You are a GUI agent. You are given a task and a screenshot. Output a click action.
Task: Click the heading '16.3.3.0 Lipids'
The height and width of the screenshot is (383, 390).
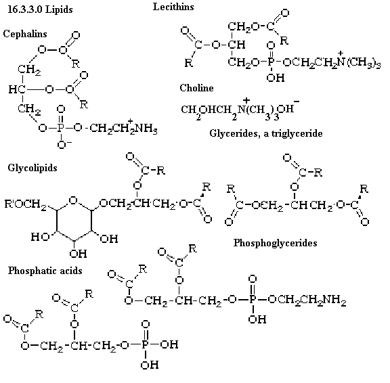coord(41,9)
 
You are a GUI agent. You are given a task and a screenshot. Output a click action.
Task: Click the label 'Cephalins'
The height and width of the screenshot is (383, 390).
coord(25,34)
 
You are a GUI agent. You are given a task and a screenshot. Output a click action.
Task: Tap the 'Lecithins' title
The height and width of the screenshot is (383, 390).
coord(173,7)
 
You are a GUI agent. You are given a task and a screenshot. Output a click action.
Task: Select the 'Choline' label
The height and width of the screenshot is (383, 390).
coord(196,88)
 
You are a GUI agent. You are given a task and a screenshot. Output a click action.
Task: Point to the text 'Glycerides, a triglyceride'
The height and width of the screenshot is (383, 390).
coord(266,133)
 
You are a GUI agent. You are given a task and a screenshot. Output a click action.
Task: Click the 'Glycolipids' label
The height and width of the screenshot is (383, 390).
coord(32,168)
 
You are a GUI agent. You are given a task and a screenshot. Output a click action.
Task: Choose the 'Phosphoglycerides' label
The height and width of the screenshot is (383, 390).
coord(275,243)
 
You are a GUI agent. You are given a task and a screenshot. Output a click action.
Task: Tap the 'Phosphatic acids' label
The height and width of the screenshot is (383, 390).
coord(45,271)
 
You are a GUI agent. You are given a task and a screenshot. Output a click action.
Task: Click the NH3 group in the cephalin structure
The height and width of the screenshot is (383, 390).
coord(146,129)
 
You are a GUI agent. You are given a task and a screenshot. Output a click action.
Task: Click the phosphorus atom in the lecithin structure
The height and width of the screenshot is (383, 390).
coord(271,62)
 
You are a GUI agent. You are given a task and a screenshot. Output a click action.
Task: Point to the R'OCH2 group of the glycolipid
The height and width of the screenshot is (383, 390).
coord(25,204)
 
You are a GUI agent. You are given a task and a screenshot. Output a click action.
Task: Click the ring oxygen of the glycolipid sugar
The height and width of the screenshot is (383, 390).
coord(73,200)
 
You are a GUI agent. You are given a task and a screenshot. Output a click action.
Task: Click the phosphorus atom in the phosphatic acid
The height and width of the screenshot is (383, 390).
coord(145,344)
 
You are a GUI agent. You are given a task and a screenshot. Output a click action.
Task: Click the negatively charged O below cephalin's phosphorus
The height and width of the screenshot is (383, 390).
coord(62,144)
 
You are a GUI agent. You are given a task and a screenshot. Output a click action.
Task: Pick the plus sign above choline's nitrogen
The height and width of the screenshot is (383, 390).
coord(246,100)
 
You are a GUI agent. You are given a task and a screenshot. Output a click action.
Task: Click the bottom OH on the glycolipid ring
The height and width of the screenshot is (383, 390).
coord(78,254)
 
